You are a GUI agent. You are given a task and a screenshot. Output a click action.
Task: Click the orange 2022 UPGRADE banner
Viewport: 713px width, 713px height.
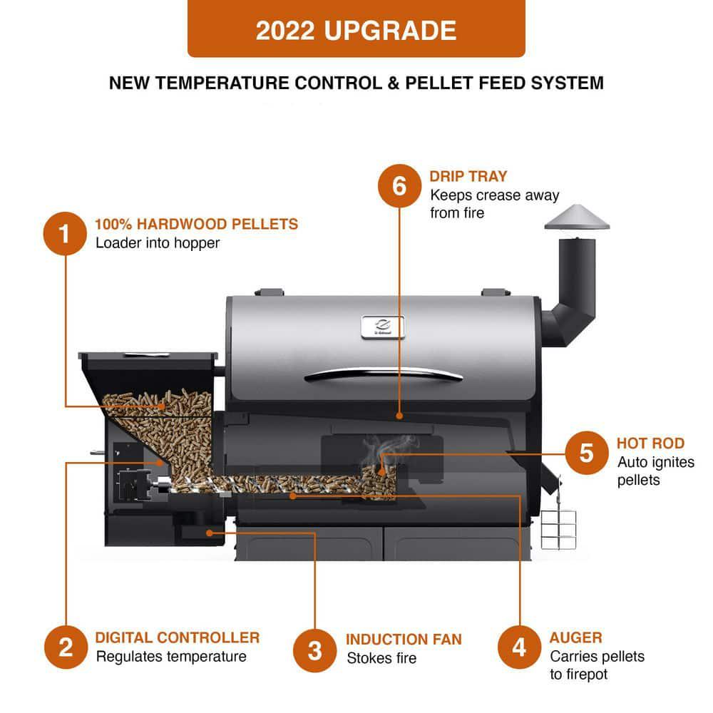356,29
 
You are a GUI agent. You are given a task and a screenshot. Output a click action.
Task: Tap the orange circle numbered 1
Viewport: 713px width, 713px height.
65,233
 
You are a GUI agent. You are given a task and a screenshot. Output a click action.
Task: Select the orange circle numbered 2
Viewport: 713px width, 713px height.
65,647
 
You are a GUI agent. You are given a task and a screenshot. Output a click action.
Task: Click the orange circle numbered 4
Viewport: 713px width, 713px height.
519,647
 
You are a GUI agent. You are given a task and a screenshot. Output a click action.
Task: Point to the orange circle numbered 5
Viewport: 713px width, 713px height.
586,453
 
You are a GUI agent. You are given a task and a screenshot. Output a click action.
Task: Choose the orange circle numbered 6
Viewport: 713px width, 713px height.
399,185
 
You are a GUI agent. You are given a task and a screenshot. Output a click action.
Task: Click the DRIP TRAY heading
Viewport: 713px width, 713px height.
468,176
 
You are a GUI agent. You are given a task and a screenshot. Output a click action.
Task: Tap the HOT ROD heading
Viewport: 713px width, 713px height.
650,443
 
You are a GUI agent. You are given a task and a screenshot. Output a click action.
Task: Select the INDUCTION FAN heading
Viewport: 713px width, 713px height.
404,640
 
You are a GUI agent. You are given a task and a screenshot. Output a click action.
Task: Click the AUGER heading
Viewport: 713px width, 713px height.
575,637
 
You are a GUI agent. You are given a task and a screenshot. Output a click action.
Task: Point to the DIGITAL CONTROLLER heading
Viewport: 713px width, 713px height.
177,637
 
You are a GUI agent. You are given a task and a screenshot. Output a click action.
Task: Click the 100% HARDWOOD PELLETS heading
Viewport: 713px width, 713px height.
196,224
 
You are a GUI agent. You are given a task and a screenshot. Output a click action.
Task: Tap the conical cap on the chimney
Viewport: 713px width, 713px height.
577,217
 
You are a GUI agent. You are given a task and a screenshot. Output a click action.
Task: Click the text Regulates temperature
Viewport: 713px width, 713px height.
171,657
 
